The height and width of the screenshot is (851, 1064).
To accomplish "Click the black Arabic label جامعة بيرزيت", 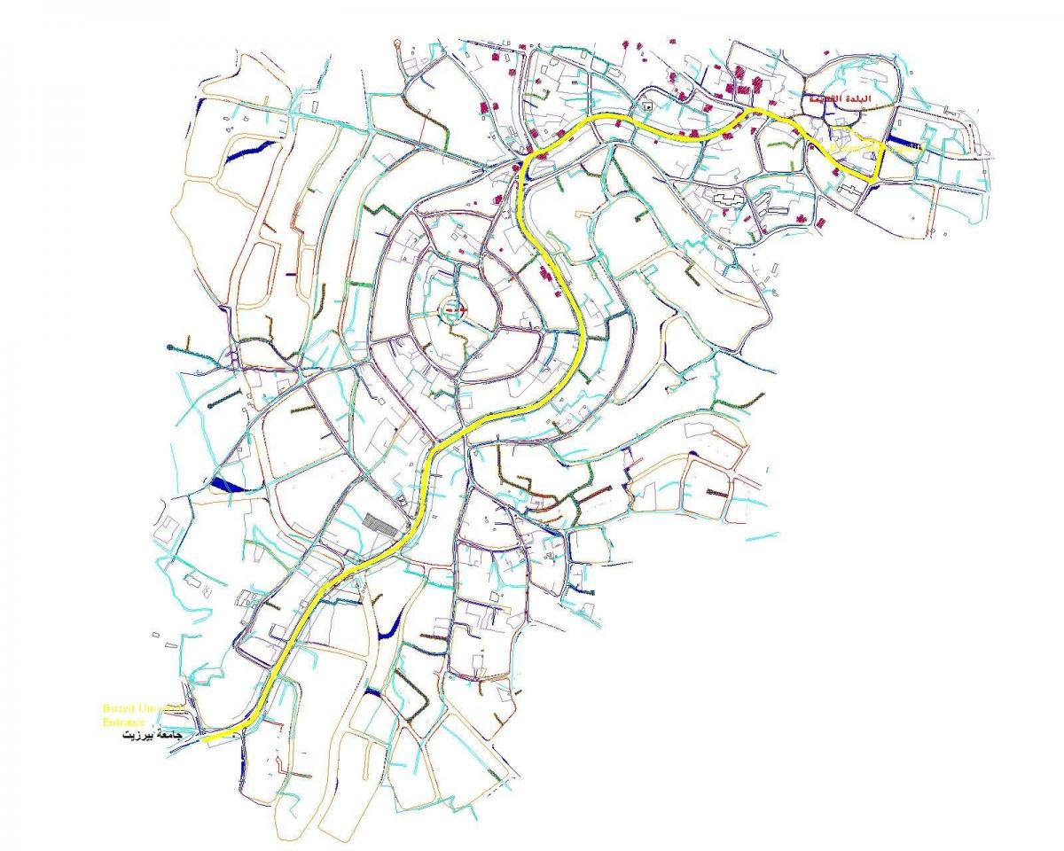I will point(152,737).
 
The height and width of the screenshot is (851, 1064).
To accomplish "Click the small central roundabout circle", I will point(455,309).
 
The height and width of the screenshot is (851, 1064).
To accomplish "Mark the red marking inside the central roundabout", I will point(457,309).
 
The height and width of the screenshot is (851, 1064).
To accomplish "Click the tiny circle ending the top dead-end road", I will point(397,43).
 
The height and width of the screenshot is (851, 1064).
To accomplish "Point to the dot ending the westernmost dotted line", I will point(171,346).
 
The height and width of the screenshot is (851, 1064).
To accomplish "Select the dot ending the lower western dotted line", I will point(209,405).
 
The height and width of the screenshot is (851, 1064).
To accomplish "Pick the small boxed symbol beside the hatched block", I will point(403,500).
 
